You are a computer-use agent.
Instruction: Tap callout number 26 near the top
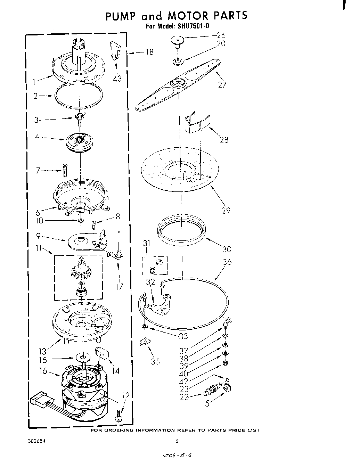[221, 35]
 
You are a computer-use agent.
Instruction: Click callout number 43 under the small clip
[117, 79]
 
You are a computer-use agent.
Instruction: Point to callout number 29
[226, 210]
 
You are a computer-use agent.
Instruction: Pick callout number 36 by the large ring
[227, 262]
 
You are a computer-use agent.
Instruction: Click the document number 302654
[36, 441]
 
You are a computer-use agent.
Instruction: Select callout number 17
[119, 287]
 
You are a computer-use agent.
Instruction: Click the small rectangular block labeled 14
[103, 353]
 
